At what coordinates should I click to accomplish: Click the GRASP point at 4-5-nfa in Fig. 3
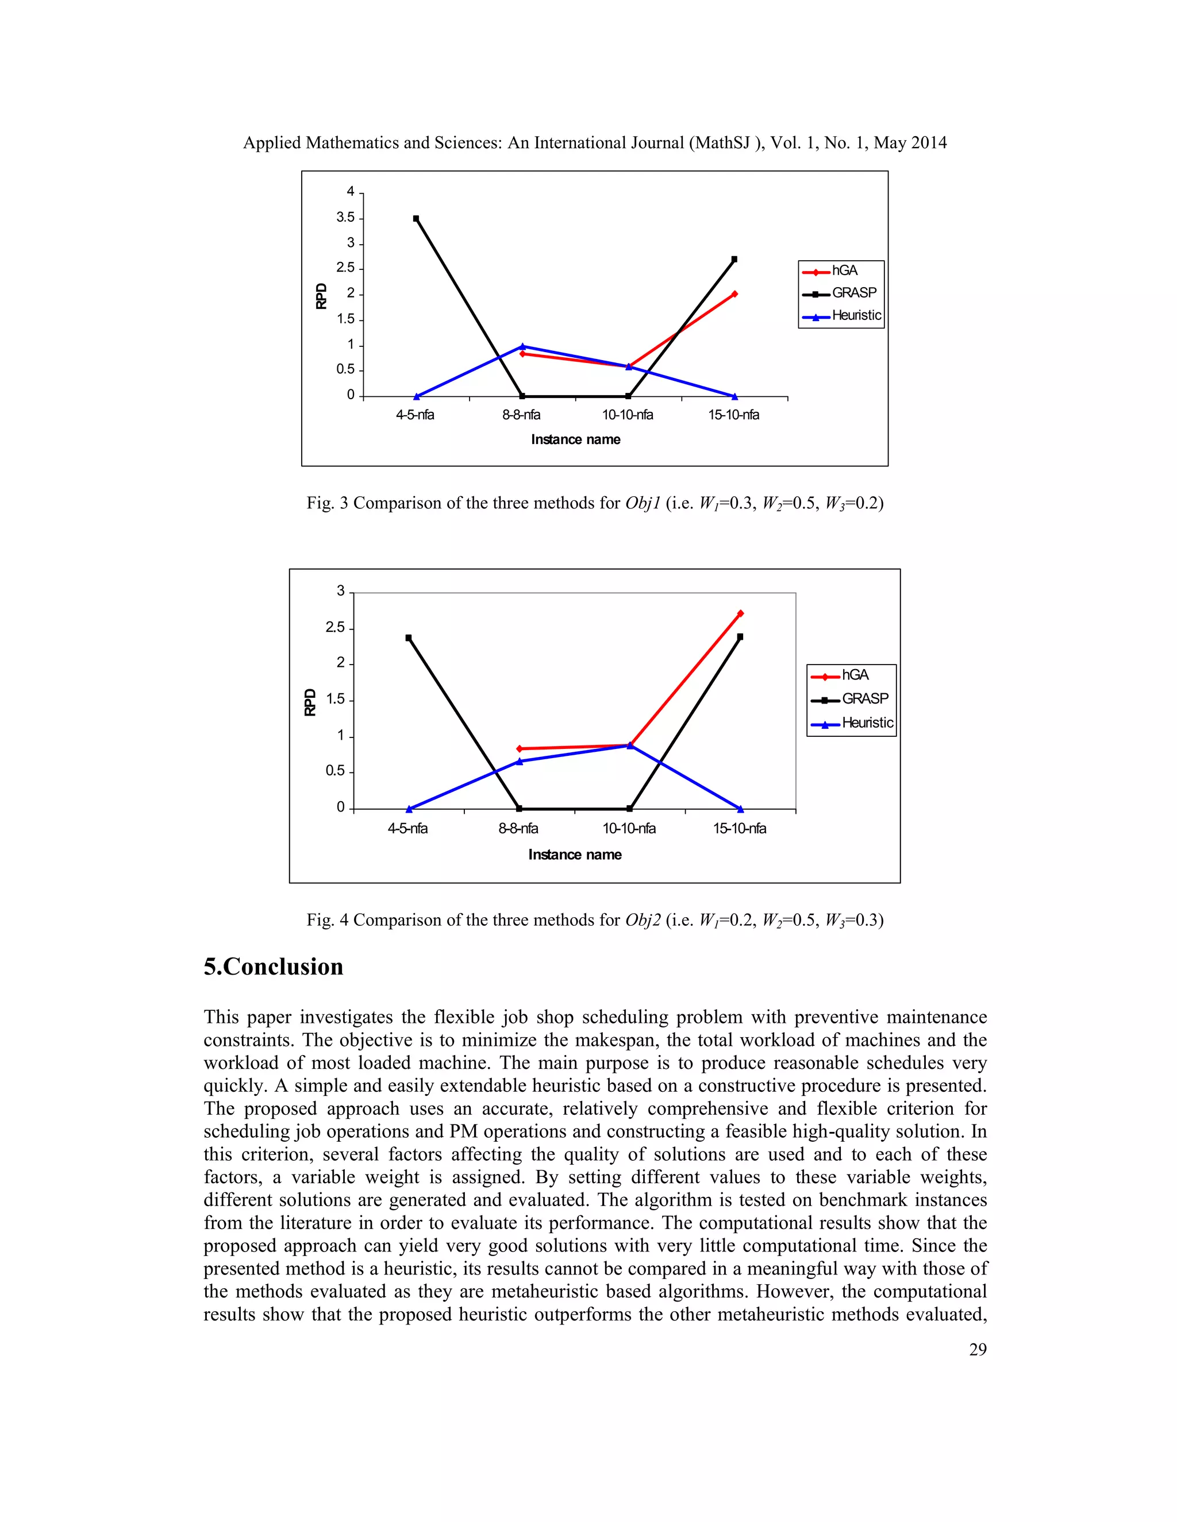416,219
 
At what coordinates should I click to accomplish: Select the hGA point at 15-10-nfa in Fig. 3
734,294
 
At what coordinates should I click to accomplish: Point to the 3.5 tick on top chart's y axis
346,218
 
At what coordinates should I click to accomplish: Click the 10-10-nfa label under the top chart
628,415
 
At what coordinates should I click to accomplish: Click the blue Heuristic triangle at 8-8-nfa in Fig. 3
522,346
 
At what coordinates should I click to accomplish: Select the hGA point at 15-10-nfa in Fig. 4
740,614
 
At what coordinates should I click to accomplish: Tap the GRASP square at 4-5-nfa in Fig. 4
409,638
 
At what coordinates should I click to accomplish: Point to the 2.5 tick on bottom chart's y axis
336,628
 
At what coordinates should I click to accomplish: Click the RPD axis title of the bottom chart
310,702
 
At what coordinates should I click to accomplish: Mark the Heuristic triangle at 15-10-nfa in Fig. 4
740,809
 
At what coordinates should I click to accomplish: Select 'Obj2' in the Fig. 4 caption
642,920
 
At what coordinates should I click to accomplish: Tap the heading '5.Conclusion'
274,967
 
